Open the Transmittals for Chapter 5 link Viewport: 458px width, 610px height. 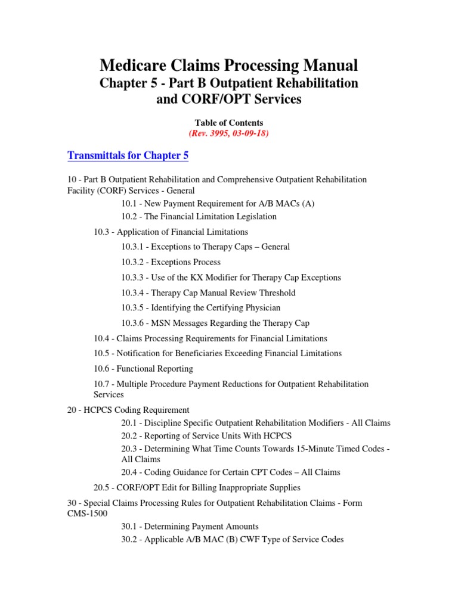pyautogui.click(x=128, y=155)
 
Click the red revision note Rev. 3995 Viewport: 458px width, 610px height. pyautogui.click(x=228, y=133)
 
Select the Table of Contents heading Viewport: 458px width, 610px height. pyautogui.click(x=228, y=123)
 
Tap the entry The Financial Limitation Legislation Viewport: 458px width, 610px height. pyautogui.click(x=213, y=216)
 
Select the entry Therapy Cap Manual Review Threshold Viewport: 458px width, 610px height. pyautogui.click(x=223, y=293)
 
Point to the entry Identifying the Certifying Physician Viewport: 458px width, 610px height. pyautogui.click(x=215, y=308)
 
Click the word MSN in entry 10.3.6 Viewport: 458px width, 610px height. pyautogui.click(x=161, y=323)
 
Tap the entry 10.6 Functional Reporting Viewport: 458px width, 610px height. pyautogui.click(x=143, y=369)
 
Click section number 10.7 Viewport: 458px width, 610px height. pyautogui.click(x=102, y=384)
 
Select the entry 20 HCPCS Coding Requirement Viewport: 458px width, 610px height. pyautogui.click(x=128, y=410)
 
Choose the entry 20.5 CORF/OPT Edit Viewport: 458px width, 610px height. pyautogui.click(x=197, y=487)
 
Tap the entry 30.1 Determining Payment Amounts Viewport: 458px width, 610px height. pyautogui.click(x=190, y=527)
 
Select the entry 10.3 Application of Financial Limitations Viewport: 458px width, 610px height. pyautogui.click(x=171, y=232)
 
